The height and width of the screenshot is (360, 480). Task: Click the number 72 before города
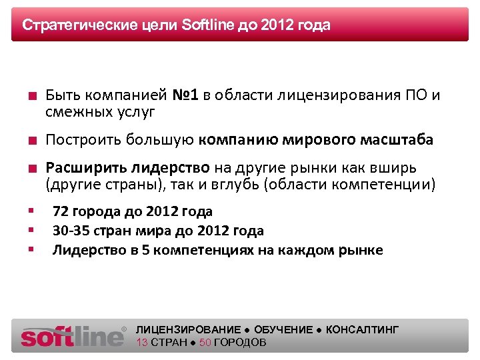61,212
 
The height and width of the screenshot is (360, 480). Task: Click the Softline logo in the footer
73,336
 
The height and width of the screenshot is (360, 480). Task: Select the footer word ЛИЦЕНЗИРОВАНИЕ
188,330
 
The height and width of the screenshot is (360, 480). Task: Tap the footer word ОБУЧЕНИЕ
283,330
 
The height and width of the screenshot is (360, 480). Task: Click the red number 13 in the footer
142,343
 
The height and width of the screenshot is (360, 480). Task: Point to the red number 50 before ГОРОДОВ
205,343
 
